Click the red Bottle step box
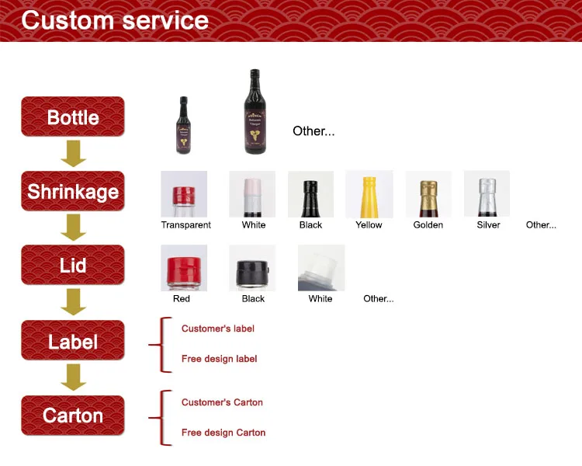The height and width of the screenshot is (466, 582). point(73,116)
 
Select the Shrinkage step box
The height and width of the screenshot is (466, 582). point(73,191)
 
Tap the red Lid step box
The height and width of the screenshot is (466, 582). point(73,265)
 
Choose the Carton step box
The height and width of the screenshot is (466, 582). point(73,415)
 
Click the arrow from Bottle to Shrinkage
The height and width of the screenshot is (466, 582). point(74,154)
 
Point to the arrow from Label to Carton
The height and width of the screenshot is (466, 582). point(74,377)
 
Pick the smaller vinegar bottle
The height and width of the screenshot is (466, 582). point(183,125)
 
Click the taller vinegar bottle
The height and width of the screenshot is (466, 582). point(255,112)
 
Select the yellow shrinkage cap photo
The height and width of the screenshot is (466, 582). point(369,194)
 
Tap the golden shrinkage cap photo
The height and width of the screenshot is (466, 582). point(428,194)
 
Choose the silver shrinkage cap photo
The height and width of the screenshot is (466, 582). point(487,193)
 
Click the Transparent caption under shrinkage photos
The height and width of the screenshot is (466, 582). point(186,224)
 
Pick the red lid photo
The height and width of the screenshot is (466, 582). point(184,267)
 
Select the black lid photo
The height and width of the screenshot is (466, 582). point(252,267)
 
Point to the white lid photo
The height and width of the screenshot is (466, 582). point(321,267)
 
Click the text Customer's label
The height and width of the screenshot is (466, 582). point(218,329)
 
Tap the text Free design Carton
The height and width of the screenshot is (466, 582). point(223,433)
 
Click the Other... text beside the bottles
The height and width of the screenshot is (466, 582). point(314,130)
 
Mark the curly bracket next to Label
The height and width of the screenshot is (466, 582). point(161,345)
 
